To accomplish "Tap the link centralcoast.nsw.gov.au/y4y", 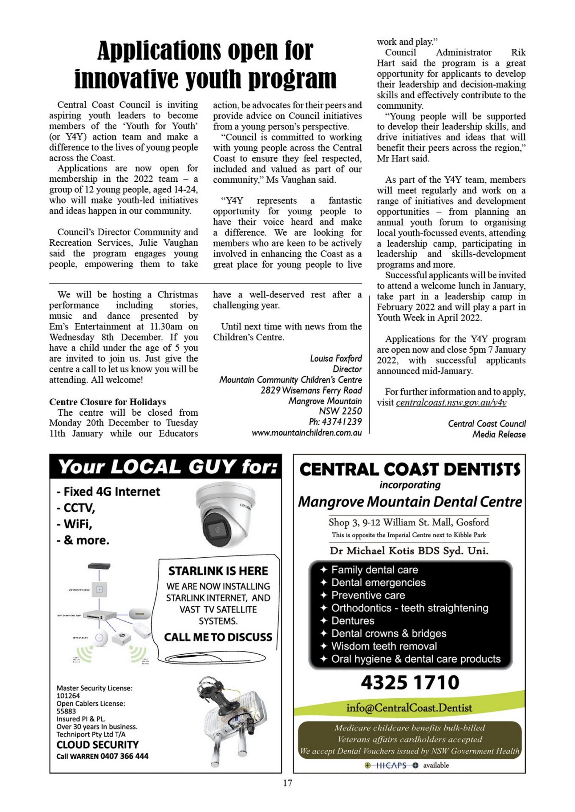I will click(451, 403).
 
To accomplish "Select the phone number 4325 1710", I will click(410, 682).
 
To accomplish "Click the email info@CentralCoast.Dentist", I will click(409, 708).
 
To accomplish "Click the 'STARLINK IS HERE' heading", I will click(218, 571).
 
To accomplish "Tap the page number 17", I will click(287, 783).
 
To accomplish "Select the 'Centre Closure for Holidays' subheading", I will click(108, 402).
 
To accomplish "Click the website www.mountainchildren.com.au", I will click(307, 433).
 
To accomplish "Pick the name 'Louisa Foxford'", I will click(336, 359).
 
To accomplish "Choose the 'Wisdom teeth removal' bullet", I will click(384, 646).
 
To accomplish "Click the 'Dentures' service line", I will click(352, 621).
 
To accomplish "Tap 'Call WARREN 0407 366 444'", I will click(102, 756).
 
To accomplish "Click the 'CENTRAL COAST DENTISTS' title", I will click(409, 469).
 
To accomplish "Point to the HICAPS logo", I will click(392, 765).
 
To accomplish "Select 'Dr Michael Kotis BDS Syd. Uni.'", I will click(409, 551).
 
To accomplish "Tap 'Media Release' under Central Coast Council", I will click(499, 434).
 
